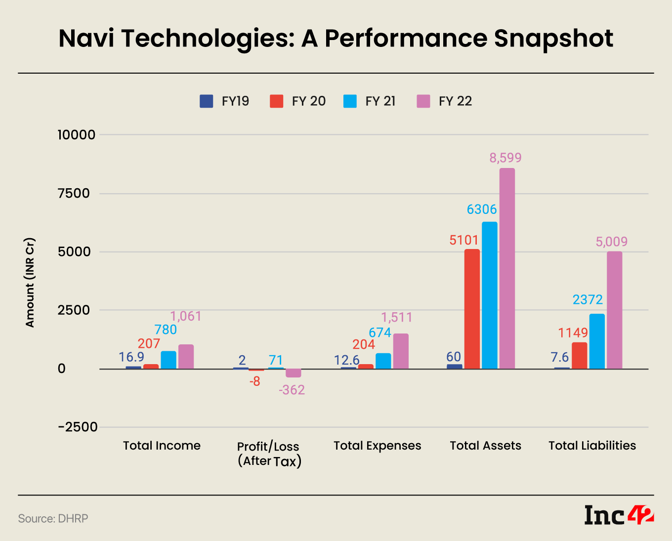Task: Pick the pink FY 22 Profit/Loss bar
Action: coord(294,373)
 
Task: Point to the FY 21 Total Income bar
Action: coord(168,360)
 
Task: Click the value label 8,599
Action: coord(505,158)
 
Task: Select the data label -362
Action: coord(292,390)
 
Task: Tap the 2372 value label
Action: coord(588,299)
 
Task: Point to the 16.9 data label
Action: coord(131,357)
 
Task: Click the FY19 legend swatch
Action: coord(207,101)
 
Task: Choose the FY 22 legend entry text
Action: coord(455,101)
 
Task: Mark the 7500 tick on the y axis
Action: coord(74,193)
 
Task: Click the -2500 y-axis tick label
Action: coord(78,427)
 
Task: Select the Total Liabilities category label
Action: coord(592,446)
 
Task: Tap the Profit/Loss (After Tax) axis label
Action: coord(269,454)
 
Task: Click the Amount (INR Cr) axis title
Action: coord(30,283)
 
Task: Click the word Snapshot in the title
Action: coord(553,38)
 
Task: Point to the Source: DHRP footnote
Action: coord(53,518)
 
